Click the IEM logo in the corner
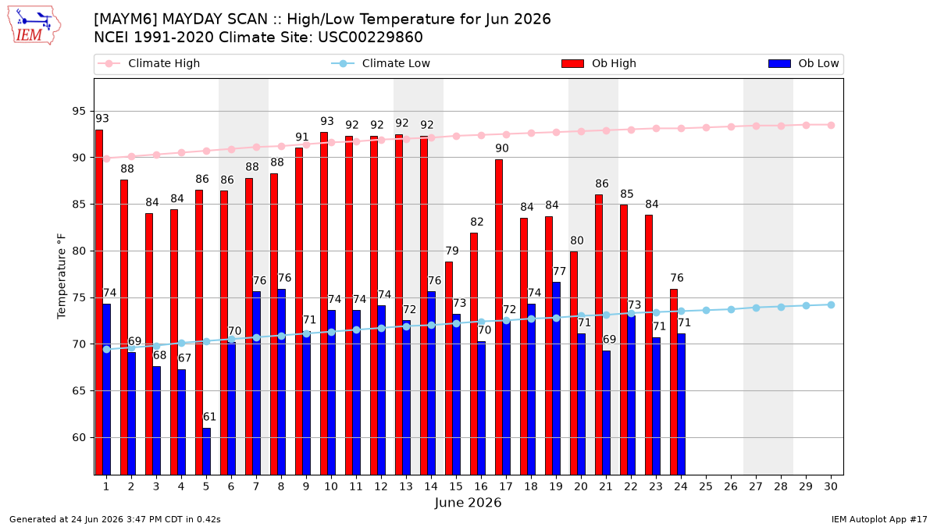coord(34,26)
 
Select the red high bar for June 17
coord(499,317)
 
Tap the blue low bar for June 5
coord(207,451)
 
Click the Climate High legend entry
coord(148,63)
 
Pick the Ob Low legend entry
coord(803,63)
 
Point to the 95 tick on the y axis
coord(79,111)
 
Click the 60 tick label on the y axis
coord(79,437)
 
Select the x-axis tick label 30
coord(831,486)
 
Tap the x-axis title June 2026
coord(468,502)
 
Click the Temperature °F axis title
coord(62,276)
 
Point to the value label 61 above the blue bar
coord(209,417)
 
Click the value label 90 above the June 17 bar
coord(502,148)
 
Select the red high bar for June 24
coord(674,382)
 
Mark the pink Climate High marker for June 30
coord(831,125)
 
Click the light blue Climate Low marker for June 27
coord(757,308)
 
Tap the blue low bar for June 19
coord(556,379)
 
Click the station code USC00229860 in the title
coord(371,37)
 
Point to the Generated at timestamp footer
coord(115,519)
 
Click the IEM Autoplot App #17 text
coord(879,519)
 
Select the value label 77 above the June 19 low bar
coord(560,271)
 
